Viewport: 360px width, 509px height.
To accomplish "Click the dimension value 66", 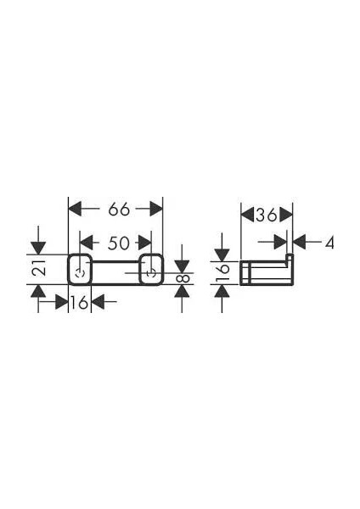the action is click(x=119, y=210).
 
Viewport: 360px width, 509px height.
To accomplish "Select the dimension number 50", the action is click(x=119, y=243).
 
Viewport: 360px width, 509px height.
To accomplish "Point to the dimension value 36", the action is click(x=267, y=215).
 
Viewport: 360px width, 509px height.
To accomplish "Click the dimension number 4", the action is click(x=329, y=243).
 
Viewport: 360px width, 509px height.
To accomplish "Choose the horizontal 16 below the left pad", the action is click(x=80, y=303).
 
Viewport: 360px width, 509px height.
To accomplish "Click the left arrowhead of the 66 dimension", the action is click(x=75, y=210).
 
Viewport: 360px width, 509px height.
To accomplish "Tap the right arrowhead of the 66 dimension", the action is click(x=156, y=210).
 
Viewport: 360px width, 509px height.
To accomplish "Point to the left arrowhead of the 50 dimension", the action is click(x=87, y=243).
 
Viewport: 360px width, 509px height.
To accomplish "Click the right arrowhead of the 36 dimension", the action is click(x=286, y=215).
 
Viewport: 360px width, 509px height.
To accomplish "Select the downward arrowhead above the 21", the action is click(x=38, y=249).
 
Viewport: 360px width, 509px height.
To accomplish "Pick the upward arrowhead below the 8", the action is click(x=182, y=291).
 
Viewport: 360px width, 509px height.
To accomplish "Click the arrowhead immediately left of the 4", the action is click(x=300, y=243).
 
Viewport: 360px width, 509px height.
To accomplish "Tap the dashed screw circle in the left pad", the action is click(x=80, y=273).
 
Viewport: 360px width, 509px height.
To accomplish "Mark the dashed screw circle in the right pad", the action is click(x=150, y=273).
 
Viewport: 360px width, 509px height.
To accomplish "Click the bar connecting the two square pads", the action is click(x=116, y=272).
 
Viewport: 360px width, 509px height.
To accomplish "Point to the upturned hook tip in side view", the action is click(x=290, y=257).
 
